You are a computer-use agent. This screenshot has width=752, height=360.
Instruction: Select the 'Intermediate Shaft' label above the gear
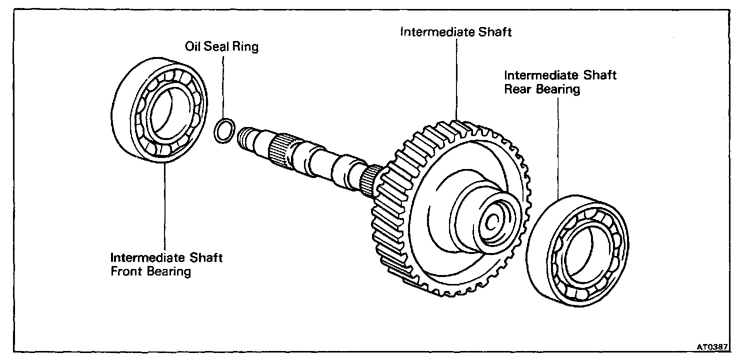tap(456, 32)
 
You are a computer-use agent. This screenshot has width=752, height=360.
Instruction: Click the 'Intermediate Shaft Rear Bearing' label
tap(560, 82)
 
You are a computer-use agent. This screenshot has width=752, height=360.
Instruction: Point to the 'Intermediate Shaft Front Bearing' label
tap(166, 265)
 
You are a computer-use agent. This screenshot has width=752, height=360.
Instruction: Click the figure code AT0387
tap(713, 346)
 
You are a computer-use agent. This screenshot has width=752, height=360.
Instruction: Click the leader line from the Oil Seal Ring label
tap(223, 85)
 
